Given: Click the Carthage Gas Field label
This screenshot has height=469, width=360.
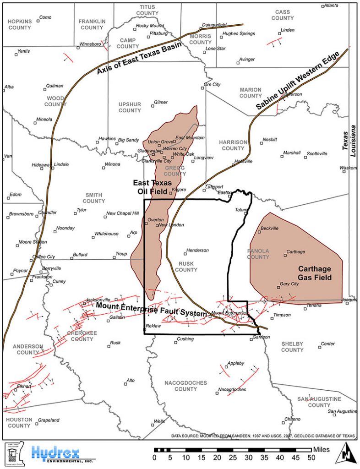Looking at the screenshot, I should pyautogui.click(x=315, y=273).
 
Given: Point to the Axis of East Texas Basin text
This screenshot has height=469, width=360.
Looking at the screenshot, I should pyautogui.click(x=139, y=58).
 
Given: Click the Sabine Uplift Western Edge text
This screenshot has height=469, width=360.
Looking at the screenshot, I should pyautogui.click(x=298, y=80).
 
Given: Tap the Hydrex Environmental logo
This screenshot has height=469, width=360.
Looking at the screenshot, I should pyautogui.click(x=55, y=454).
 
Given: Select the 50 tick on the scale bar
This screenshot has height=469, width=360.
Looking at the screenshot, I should pyautogui.click(x=311, y=457).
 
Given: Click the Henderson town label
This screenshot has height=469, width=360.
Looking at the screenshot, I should pyautogui.click(x=197, y=251).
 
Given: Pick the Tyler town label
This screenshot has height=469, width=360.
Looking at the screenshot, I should pyautogui.click(x=82, y=210).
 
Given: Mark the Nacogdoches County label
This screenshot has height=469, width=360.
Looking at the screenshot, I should pyautogui.click(x=185, y=386).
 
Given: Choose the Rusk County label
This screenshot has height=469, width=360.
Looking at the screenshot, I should pyautogui.click(x=186, y=267).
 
